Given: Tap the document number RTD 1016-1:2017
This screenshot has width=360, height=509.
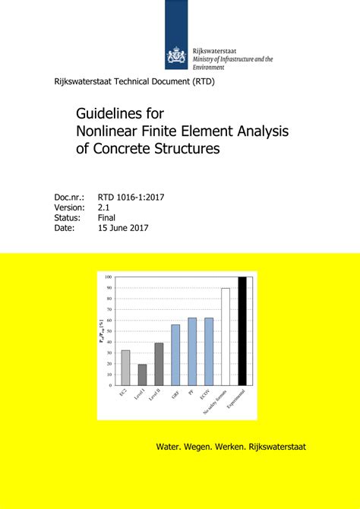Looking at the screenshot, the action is pos(131,198).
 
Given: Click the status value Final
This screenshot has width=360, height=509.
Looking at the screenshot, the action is pos(106,217).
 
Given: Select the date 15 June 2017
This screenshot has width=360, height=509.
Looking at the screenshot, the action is pos(124,228).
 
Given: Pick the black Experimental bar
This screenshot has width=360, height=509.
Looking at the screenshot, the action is pos(242,331).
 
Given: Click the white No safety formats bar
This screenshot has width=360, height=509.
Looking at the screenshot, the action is pos(225,337).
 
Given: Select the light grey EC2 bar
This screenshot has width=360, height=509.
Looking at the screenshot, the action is pos(125,368).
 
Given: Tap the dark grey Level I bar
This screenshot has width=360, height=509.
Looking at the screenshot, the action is pos(142,375).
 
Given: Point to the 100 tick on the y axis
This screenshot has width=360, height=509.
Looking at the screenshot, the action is pos(108,277).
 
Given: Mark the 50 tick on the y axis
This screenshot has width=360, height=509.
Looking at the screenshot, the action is pos(109,331).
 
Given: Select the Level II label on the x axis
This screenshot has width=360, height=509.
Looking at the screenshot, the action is pos(156,397).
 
